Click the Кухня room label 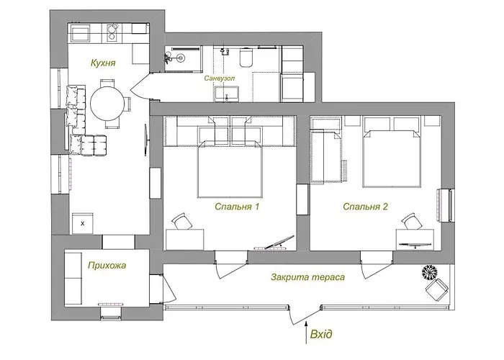pyautogui.click(x=103, y=63)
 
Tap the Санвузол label pyautogui.click(x=220, y=78)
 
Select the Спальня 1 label pyautogui.click(x=237, y=207)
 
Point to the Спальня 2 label pyautogui.click(x=366, y=207)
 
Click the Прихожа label pyautogui.click(x=107, y=266)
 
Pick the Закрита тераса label pyautogui.click(x=308, y=276)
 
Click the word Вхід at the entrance pyautogui.click(x=321, y=334)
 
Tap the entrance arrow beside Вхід pyautogui.click(x=306, y=332)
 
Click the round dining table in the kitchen pyautogui.click(x=107, y=104)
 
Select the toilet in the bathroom pyautogui.click(x=246, y=57)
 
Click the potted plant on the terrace pyautogui.click(x=429, y=272)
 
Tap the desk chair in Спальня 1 pyautogui.click(x=181, y=222)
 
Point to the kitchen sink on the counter pyautogui.click(x=112, y=32)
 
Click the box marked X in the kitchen pyautogui.click(x=83, y=223)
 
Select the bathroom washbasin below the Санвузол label pyautogui.click(x=227, y=94)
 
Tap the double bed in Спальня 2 pyautogui.click(x=392, y=151)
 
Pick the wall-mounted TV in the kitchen pyautogui.click(x=145, y=140)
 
